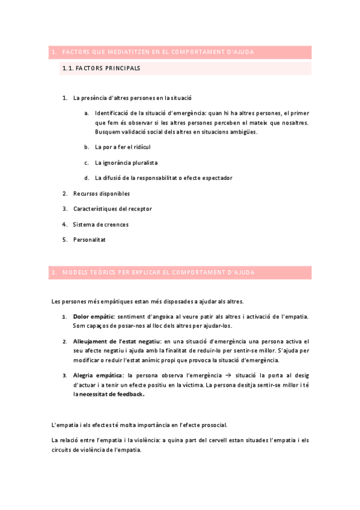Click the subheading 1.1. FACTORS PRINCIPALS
coord(101,69)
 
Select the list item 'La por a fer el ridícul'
coord(122,147)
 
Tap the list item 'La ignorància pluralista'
coord(126,162)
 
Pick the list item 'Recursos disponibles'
coord(101,194)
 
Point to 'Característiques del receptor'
coord(112,209)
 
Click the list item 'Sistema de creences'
coord(100,224)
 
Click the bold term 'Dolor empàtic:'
coord(94,316)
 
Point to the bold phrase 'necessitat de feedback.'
coord(112,395)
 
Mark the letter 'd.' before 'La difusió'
coord(87,178)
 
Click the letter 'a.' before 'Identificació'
coord(87,112)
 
